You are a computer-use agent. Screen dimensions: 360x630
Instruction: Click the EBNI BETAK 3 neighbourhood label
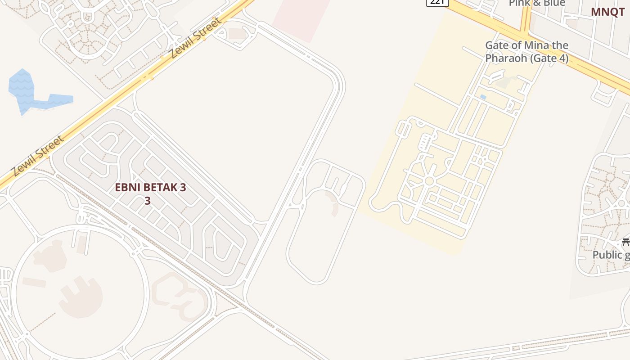(150, 188)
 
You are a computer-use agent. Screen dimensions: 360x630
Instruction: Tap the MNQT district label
(607, 12)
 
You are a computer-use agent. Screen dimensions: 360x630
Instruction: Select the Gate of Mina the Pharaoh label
(526, 52)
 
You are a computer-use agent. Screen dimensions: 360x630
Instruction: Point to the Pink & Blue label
(537, 4)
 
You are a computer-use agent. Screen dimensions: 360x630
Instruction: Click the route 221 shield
(437, 3)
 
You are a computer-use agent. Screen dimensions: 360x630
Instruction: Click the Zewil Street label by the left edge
(38, 156)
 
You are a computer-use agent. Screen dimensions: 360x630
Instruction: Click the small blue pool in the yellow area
(483, 97)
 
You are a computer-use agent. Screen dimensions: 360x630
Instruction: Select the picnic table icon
(625, 242)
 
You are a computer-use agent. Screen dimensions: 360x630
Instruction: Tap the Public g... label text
(611, 255)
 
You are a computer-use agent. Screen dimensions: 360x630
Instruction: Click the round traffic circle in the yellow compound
(429, 181)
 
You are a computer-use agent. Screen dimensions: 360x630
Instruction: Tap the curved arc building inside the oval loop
(333, 202)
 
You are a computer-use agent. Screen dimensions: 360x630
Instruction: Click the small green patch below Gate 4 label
(503, 82)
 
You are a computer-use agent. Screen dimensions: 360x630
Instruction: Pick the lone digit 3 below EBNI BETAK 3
(148, 201)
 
